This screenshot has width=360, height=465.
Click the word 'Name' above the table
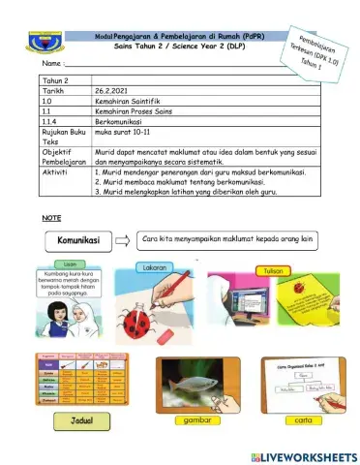(28, 63)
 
